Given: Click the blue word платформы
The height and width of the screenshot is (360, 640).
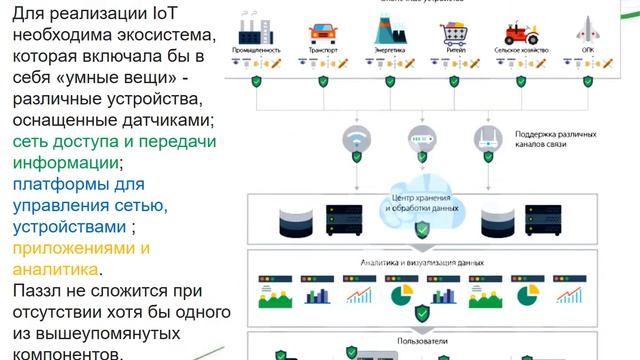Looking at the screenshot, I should [x=60, y=184].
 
